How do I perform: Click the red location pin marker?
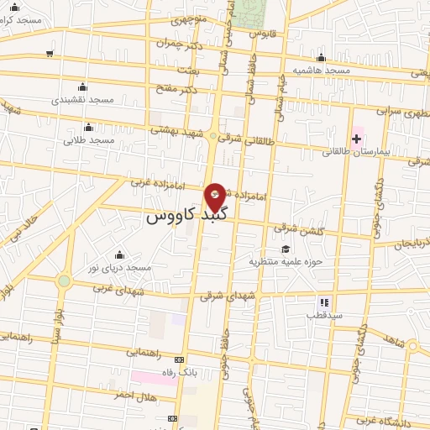[216, 196]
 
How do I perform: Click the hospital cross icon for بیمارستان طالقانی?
[356, 138]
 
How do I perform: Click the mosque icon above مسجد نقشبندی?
[82, 87]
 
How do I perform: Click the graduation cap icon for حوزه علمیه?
[286, 249]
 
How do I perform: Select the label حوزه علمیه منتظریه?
[275, 261]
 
